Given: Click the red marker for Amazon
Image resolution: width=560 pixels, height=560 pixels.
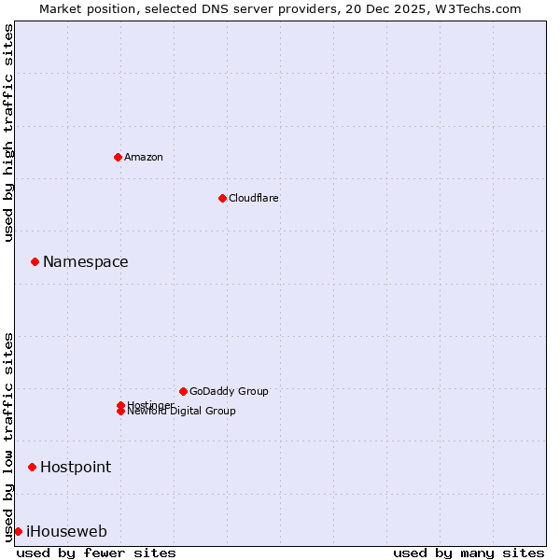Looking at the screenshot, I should point(118,157).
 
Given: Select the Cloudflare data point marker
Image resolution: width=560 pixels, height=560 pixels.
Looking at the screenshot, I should point(222,198).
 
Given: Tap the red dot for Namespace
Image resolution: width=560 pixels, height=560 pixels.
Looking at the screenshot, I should point(35,261).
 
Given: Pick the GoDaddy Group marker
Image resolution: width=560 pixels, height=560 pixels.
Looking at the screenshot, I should point(183,391).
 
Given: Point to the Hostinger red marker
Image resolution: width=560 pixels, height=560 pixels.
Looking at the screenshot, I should point(120,405).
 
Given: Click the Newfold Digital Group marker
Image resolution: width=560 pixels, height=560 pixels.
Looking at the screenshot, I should point(120,412).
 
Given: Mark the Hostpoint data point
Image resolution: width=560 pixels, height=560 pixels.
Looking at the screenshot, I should point(32,467).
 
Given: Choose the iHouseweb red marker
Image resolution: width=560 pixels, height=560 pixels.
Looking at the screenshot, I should point(18,531).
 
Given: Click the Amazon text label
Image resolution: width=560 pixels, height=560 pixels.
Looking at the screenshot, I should point(144,157).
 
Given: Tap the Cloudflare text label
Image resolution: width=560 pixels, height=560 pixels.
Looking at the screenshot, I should point(254,198).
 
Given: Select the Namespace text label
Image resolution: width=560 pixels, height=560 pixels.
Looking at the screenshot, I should point(86,261).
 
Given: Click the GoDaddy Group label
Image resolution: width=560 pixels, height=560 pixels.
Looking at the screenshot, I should point(229,391).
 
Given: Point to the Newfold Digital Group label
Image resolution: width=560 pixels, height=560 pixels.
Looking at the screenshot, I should point(182,412).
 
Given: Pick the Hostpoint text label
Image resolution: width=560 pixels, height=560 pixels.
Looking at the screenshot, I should point(76,467).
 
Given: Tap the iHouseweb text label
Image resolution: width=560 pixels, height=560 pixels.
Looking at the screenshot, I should point(66,531).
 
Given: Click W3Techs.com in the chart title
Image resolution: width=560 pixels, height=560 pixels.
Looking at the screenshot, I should point(474,8).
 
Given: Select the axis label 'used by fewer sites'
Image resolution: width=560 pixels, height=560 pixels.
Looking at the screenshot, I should point(96,553).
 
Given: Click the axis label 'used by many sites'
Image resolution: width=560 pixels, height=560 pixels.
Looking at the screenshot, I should point(469,553).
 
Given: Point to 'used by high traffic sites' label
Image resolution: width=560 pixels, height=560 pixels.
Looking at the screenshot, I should point(9,133).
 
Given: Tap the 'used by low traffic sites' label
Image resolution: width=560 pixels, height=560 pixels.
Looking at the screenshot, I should point(9,437).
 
